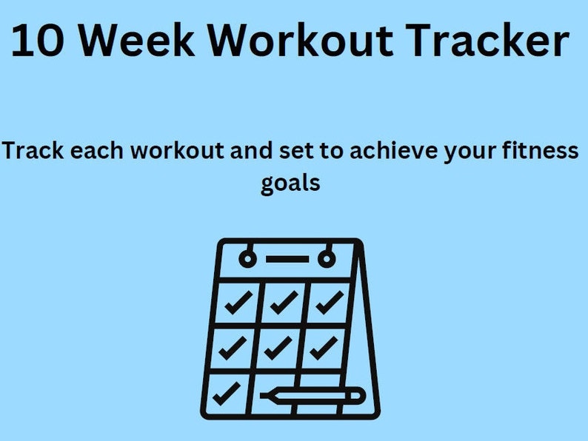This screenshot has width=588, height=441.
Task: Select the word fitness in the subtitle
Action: coord(540,151)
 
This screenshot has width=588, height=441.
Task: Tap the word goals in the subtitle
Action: coord(290,182)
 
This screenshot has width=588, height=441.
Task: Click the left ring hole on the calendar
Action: coord(247,259)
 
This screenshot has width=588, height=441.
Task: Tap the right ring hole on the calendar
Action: coord(326,259)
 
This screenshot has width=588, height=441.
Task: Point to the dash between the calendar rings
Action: coord(287,259)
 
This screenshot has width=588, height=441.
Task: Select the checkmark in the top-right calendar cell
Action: coord(328,302)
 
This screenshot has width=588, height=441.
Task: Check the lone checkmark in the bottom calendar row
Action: coord(227,392)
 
